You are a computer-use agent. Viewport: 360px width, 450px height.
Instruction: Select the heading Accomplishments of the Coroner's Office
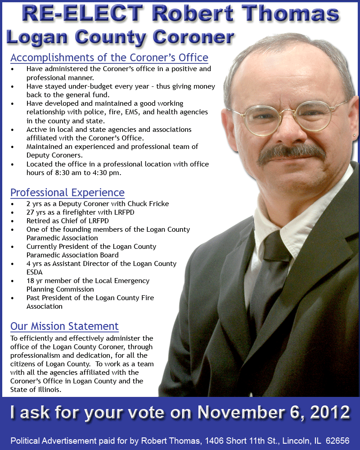tap(109, 58)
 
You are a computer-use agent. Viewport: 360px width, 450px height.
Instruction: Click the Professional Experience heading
tap(67, 193)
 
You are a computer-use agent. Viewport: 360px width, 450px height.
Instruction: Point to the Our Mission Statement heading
tap(64, 326)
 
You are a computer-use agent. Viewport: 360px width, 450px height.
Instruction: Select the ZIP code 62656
tap(338, 441)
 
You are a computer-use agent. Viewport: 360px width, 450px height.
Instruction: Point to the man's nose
tap(287, 130)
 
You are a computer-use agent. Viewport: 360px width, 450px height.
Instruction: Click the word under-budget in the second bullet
tap(81, 86)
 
